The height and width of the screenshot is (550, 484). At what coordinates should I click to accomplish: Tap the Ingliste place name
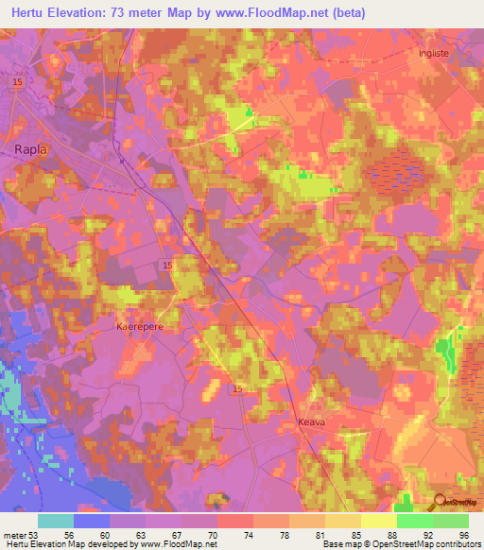[x=437, y=54]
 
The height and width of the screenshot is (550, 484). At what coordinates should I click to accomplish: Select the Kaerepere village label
[x=140, y=325]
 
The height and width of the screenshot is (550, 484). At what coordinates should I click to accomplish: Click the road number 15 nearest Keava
[x=238, y=389]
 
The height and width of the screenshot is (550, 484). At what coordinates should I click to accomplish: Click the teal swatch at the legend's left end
[x=55, y=521]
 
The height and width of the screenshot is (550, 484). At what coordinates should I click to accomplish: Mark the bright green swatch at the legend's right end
[x=451, y=521]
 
